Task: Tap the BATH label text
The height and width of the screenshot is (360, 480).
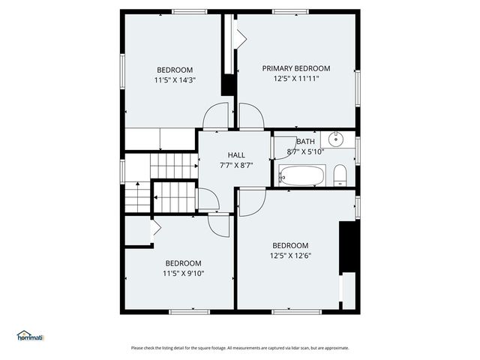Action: coord(305,141)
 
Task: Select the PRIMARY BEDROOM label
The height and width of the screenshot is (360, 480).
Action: coord(295,68)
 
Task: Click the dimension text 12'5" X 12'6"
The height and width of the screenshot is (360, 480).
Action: coord(289,256)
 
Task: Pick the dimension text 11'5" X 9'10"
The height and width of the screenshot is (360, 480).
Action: coord(183,273)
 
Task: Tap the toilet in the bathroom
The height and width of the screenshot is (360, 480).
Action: coord(339,175)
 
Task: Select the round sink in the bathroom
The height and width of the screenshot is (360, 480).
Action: coord(334,139)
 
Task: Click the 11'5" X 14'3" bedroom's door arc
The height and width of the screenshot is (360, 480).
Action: coord(216,116)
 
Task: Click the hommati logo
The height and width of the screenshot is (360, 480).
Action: coord(31,336)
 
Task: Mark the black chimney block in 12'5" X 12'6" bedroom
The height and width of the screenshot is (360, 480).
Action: coord(347,247)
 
